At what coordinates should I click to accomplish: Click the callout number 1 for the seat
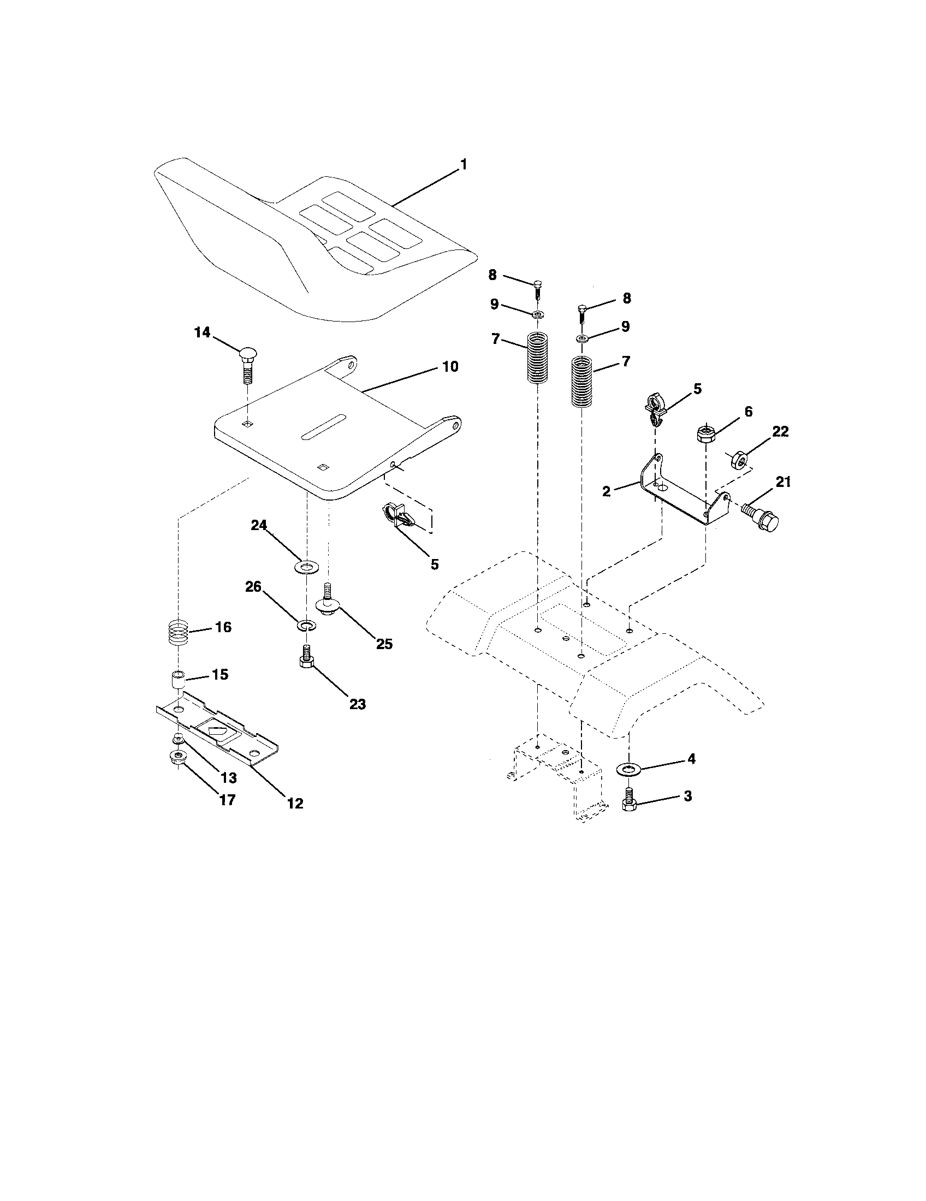(463, 164)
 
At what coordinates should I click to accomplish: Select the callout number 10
(450, 366)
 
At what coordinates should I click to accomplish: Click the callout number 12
(295, 804)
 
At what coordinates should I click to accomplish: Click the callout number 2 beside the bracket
(607, 491)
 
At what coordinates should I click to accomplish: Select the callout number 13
(228, 777)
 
